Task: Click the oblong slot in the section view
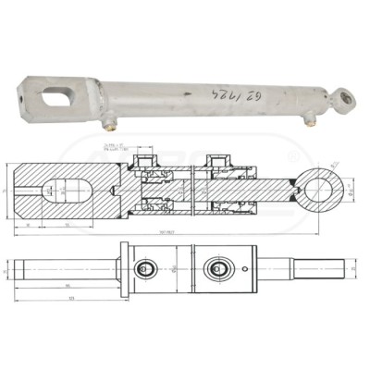pos(64,192)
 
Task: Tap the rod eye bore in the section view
pos(323,192)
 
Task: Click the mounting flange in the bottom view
pos(123,269)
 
